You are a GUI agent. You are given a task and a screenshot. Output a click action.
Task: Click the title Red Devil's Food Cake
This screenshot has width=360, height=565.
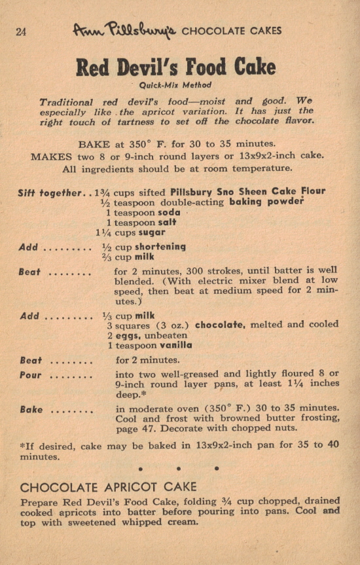click(x=176, y=67)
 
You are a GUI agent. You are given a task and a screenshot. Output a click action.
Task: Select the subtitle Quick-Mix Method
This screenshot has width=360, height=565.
click(x=175, y=84)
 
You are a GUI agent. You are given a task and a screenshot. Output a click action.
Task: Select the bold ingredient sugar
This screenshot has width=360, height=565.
click(x=151, y=232)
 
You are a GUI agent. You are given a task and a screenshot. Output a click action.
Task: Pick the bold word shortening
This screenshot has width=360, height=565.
click(x=160, y=247)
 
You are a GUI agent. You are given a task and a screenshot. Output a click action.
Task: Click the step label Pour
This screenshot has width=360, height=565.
click(x=31, y=375)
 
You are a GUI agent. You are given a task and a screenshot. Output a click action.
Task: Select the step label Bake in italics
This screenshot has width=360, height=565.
click(x=31, y=409)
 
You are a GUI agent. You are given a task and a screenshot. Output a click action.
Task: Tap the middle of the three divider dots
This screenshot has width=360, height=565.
click(x=177, y=468)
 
